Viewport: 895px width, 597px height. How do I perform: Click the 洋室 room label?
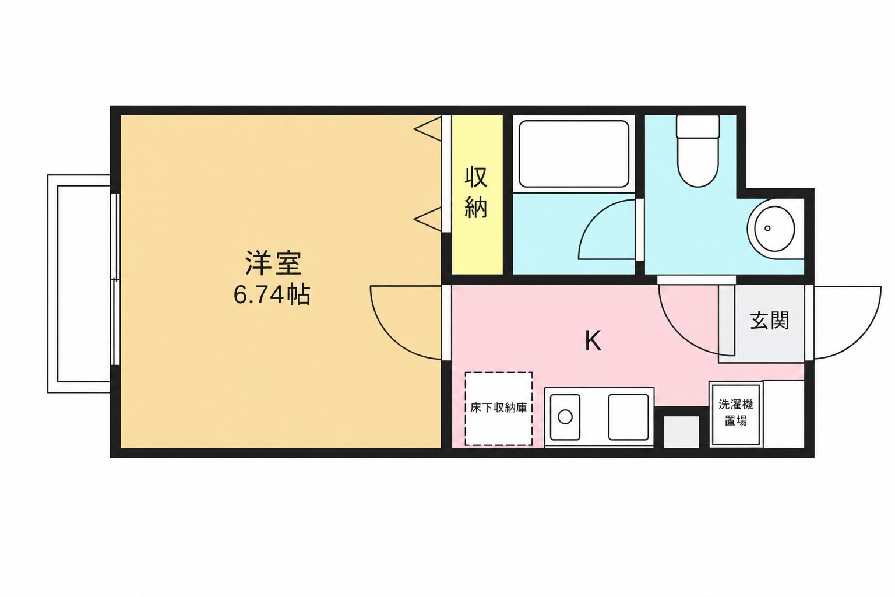(273, 263)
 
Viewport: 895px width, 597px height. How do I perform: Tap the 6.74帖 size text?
(272, 295)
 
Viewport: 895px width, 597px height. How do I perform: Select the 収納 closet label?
(476, 192)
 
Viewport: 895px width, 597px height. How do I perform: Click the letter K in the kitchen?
(593, 341)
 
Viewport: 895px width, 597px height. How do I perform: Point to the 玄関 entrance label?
(770, 320)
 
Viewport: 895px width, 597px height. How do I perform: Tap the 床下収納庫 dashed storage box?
(499, 409)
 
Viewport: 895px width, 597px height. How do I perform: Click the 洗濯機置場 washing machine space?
(735, 414)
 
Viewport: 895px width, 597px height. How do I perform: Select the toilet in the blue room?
(698, 151)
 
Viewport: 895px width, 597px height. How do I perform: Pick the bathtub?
(574, 154)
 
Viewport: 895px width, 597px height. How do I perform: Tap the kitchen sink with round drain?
(565, 417)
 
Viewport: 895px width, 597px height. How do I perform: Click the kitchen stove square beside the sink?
(629, 417)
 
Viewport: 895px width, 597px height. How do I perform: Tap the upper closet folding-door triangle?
(428, 128)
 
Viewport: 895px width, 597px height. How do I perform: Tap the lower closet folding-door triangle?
(428, 219)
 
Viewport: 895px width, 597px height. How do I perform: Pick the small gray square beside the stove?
(682, 432)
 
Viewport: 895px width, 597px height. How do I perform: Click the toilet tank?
(698, 127)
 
